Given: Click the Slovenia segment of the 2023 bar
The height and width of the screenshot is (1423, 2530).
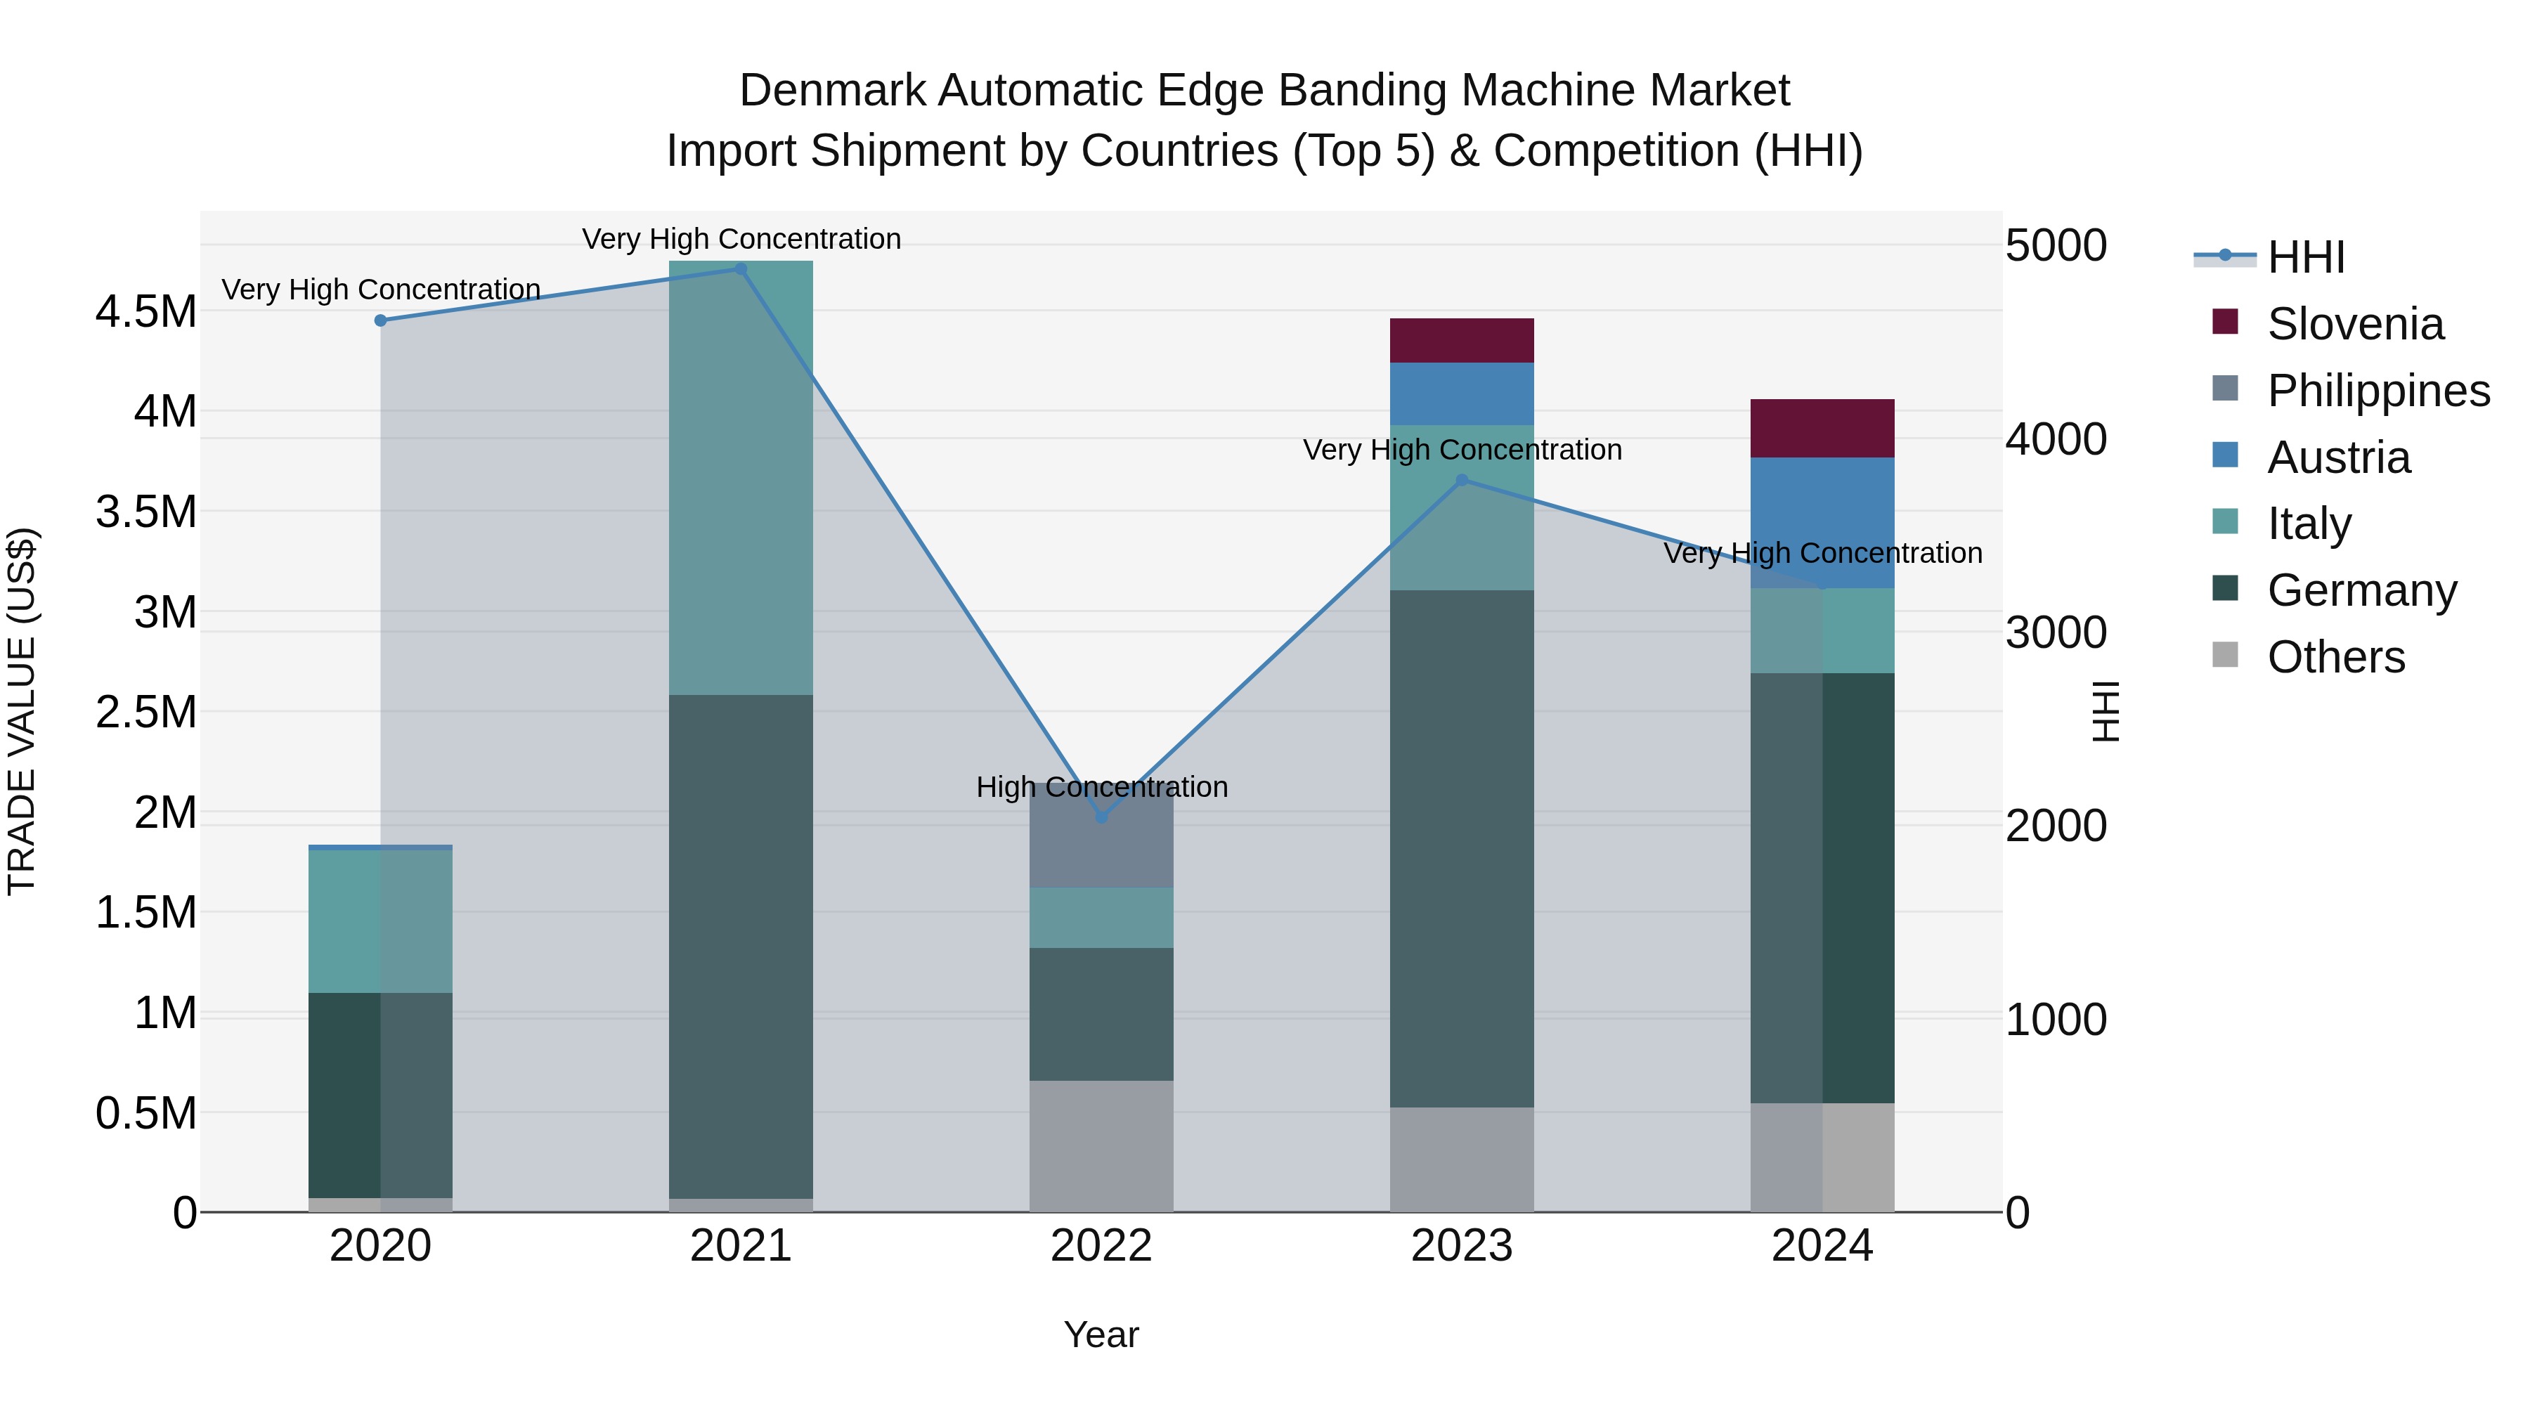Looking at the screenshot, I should [1462, 340].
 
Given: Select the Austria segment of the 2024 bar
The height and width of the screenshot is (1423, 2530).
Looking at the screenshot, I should [1822, 522].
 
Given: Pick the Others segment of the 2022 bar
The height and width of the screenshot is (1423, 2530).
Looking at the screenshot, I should [1101, 1145].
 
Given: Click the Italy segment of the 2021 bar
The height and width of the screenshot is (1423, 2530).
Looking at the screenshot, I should [741, 479].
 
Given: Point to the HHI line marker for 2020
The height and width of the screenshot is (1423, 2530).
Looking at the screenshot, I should [381, 320].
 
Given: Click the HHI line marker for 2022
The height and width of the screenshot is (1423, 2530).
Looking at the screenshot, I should [1101, 817].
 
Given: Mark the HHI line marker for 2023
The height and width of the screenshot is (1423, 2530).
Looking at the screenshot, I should [1462, 480].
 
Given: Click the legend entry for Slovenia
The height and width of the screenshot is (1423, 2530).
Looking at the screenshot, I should [2354, 324].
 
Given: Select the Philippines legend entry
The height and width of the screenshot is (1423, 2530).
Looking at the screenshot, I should [2377, 391].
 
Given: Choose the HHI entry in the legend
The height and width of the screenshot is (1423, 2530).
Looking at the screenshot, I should [2304, 257].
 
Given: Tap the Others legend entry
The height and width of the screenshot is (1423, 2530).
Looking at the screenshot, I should [2335, 657].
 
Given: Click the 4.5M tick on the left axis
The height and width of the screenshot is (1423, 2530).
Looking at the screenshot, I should [145, 312].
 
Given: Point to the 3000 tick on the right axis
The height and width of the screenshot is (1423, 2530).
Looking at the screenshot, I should [2056, 632].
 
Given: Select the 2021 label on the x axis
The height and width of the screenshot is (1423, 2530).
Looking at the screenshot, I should [741, 1246].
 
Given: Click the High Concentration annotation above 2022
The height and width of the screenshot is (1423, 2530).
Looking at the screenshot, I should [1101, 786].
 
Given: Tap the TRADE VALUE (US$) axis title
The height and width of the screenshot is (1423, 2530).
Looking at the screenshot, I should [22, 711].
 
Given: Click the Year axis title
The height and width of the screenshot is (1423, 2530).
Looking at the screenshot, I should [1101, 1334].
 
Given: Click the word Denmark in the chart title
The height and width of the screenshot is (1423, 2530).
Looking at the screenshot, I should [832, 91].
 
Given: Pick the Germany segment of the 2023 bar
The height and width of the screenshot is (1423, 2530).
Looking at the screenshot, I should [1462, 847].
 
